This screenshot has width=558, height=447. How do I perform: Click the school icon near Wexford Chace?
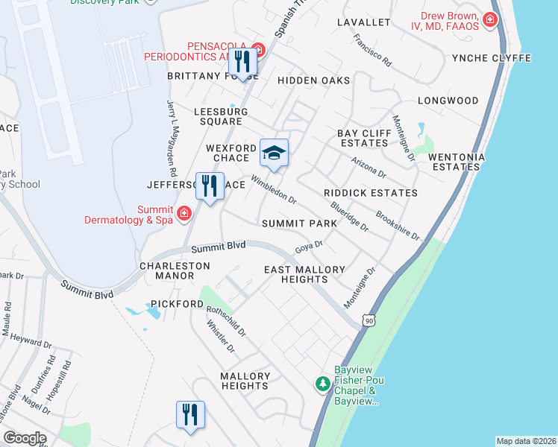(274, 154)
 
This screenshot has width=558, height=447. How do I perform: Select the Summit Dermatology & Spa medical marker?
(184, 214)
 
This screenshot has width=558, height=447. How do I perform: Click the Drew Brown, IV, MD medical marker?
(490, 19)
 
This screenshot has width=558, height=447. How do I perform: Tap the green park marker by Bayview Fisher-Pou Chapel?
(322, 384)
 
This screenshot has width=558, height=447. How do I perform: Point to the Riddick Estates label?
(370, 193)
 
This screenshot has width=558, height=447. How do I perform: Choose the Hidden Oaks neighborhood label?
(313, 80)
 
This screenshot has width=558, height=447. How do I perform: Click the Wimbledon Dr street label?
(274, 190)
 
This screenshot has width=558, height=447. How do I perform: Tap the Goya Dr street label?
(308, 245)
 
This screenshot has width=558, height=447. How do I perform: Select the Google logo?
(25, 438)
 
